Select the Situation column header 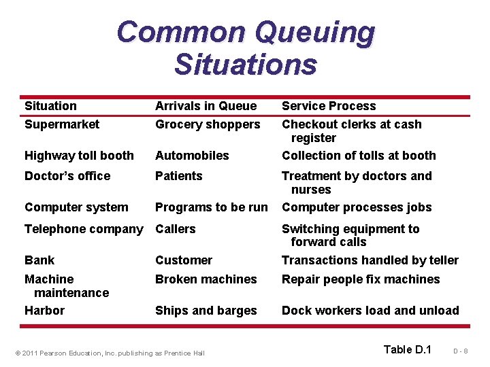(50, 106)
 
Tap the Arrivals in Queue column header (206, 106)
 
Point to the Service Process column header (328, 106)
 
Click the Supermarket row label (61, 124)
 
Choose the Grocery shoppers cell (208, 124)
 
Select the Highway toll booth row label (79, 156)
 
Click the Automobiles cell (192, 156)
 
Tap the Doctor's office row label (67, 176)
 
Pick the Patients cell (178, 176)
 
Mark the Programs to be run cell (211, 207)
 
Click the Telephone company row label (84, 229)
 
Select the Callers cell (176, 229)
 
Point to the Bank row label (39, 260)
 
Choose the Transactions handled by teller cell (370, 260)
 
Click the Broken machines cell (206, 279)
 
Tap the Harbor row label (44, 311)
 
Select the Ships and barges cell (206, 311)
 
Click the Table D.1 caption (407, 349)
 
